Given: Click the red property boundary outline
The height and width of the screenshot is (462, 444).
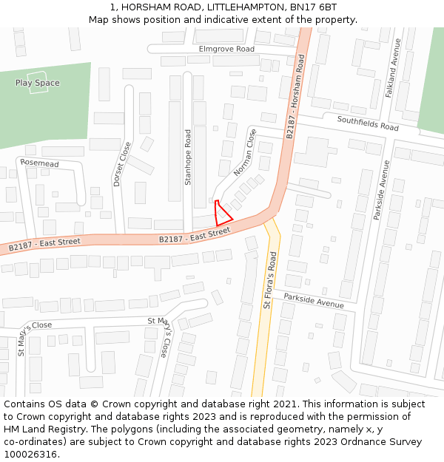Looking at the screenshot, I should coord(221,214).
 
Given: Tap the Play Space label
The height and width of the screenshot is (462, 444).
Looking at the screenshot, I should coord(37,83).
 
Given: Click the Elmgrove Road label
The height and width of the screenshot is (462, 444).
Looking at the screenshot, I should coord(226,49).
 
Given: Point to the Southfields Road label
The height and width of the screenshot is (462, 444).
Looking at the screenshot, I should coord(368,123).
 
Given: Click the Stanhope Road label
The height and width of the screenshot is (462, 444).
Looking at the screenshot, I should coord(188,157).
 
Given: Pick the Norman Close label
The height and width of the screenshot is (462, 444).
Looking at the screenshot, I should coord(246,153).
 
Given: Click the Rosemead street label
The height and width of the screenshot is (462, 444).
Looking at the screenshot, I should coord(39,163).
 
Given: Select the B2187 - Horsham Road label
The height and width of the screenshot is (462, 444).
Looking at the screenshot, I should coord(295,97).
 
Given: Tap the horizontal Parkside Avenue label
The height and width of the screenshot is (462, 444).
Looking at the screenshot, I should coord(314,301).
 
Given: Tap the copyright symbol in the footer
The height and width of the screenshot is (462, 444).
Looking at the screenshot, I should coord(94,404).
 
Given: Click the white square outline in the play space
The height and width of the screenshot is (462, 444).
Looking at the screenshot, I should coord(37,81).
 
